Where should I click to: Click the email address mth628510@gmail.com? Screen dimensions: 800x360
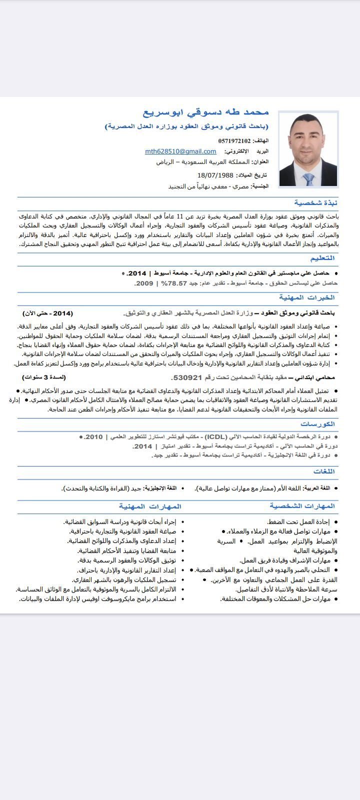[180, 151]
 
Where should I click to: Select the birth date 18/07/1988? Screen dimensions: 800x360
[215, 175]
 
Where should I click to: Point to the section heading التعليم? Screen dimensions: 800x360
[322, 258]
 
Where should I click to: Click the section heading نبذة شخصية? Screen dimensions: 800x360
[315, 202]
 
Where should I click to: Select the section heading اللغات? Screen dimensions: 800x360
[324, 471]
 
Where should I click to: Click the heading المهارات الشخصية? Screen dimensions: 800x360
[302, 506]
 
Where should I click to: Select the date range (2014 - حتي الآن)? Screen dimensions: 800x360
[47, 313]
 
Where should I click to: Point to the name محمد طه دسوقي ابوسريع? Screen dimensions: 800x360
[206, 112]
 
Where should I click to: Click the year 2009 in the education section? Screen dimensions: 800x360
[144, 283]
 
